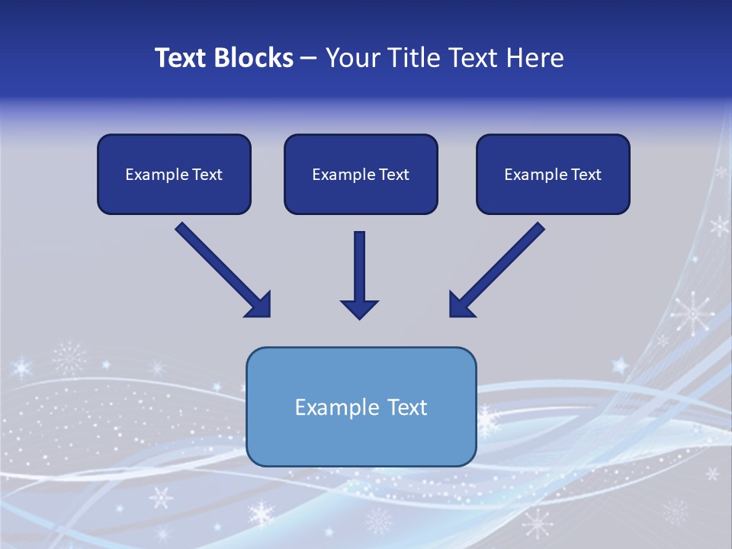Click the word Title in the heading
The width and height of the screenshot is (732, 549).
(x=415, y=58)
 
